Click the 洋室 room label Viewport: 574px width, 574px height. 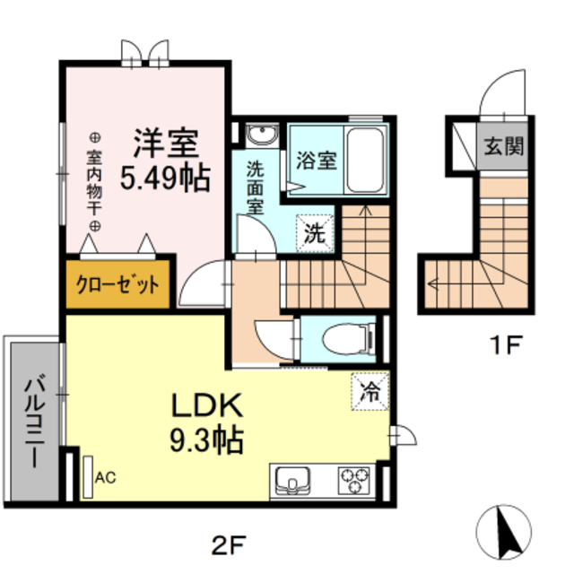click(x=168, y=143)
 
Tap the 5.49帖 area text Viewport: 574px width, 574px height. click(x=166, y=178)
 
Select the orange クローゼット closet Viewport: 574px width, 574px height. click(x=117, y=286)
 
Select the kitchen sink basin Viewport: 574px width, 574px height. click(x=292, y=480)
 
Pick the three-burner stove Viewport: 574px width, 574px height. click(x=355, y=480)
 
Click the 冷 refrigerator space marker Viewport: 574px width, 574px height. click(x=370, y=391)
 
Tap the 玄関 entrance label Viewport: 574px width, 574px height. click(x=505, y=146)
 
